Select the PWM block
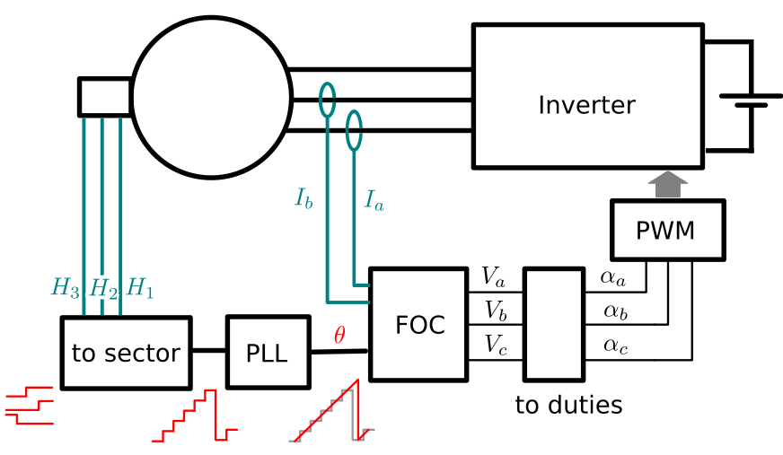coord(668,230)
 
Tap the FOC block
coord(418,325)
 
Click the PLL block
coord(268,352)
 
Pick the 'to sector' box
coord(127,353)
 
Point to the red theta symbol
coord(339,335)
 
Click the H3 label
coord(65,288)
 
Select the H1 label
coord(140,288)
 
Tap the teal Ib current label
coord(304,198)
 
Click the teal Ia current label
coord(374,200)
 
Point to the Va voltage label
coord(493,277)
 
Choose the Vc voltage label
coord(496,345)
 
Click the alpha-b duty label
coord(615,311)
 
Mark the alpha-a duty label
coord(612,278)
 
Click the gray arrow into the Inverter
coord(668,185)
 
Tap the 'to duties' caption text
coord(568,405)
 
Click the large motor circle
coord(132,97)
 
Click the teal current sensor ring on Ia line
coord(354,111)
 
